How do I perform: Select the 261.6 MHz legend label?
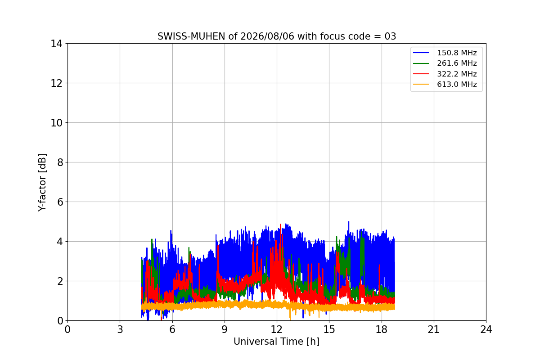[457, 63]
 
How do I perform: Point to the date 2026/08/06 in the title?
[267, 36]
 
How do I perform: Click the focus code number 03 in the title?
[390, 36]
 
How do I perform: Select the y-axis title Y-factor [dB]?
[42, 183]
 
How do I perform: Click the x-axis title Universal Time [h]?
[276, 342]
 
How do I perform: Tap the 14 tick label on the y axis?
[56, 44]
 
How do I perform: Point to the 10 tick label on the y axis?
[56, 123]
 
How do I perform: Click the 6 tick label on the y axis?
[60, 202]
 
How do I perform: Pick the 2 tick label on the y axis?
[60, 281]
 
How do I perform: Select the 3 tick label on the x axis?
[120, 329]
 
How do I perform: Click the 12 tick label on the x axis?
[277, 329]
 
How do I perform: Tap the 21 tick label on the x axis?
[434, 329]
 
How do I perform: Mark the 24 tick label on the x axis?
[486, 329]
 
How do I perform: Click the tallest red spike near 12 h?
[280, 224]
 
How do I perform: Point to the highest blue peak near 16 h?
[349, 221]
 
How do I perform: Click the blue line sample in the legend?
[421, 53]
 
